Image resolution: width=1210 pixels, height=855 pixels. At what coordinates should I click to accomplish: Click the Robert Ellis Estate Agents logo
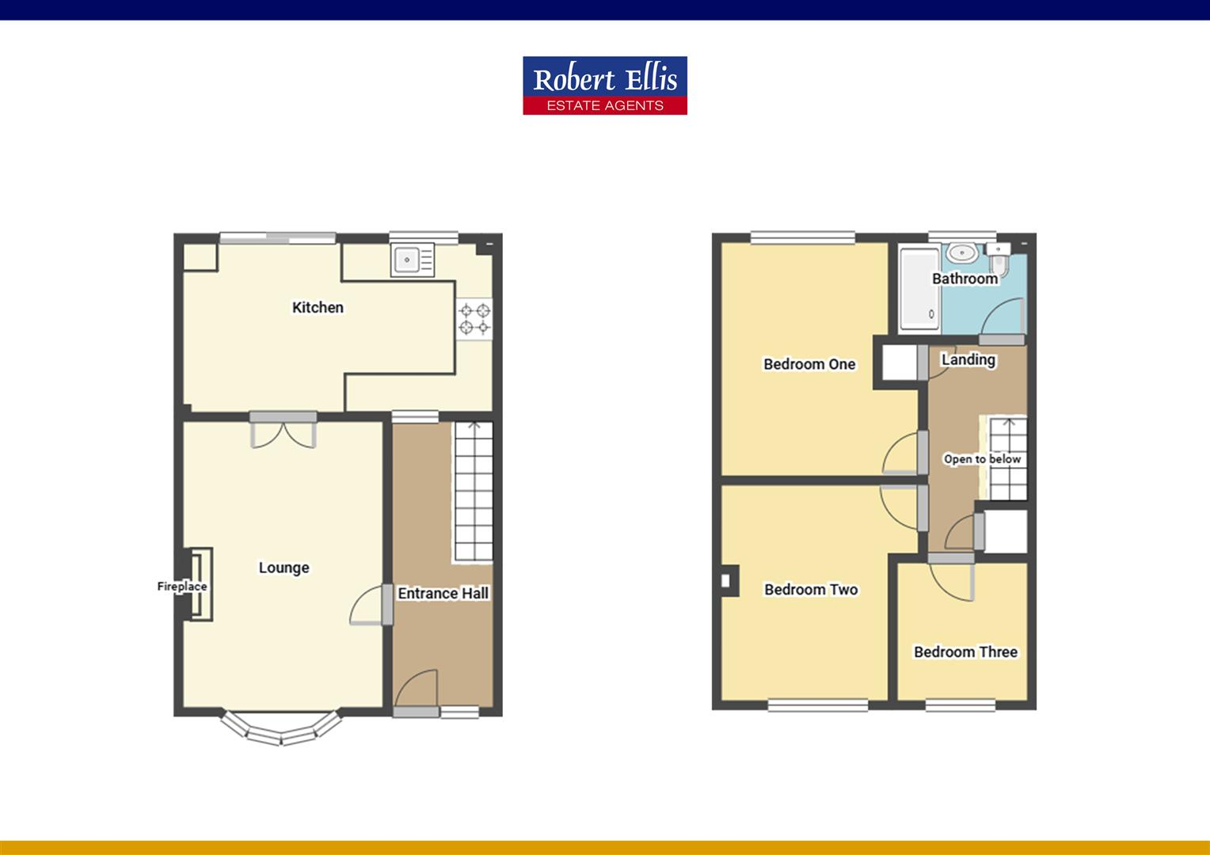tap(604, 85)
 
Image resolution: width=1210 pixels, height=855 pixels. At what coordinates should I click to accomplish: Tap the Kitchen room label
tap(318, 307)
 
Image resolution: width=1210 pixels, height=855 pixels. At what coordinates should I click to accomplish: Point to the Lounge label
tap(283, 568)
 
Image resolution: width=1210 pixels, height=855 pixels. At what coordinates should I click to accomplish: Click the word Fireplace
tap(181, 587)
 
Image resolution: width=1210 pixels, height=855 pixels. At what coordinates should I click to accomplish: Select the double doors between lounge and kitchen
tap(283, 431)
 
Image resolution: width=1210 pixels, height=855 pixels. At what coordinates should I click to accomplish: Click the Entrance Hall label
tap(443, 593)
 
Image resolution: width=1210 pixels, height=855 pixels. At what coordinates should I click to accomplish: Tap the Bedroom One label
tap(809, 364)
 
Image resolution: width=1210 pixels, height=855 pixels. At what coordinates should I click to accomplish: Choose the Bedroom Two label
tap(811, 589)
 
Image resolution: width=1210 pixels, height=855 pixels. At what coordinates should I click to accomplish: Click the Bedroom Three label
tap(965, 652)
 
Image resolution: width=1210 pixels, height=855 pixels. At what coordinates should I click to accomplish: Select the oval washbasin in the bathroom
tap(961, 253)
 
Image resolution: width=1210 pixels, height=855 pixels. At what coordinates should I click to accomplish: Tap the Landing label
tap(968, 359)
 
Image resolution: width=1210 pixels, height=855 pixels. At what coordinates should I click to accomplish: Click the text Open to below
tap(982, 459)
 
